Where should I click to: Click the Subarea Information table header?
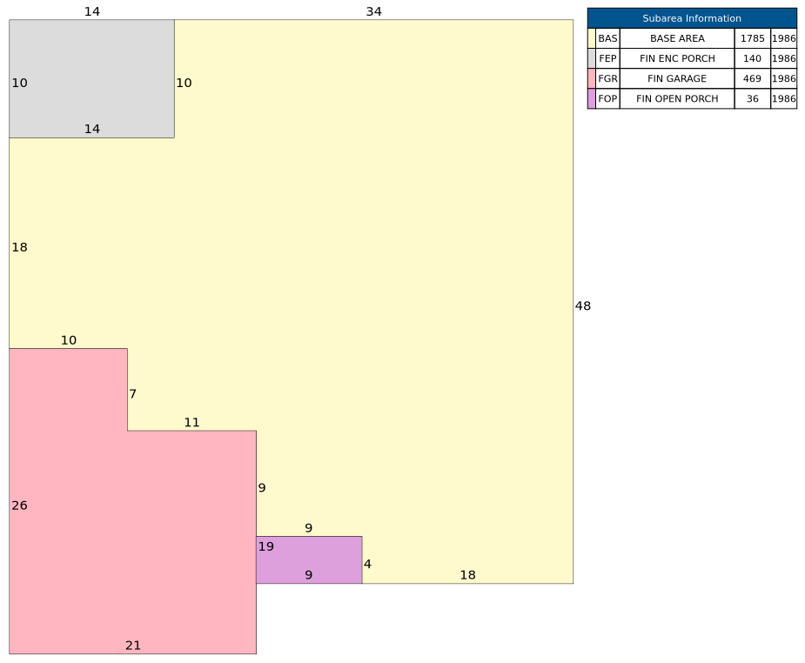click(692, 18)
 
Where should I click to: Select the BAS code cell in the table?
click(607, 38)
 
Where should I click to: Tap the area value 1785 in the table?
click(752, 38)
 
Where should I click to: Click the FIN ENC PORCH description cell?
click(677, 58)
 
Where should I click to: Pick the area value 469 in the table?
click(752, 78)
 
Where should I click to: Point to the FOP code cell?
click(607, 98)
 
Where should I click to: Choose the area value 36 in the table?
click(752, 98)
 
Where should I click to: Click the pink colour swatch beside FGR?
click(592, 78)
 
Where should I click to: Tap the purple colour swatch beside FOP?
click(592, 98)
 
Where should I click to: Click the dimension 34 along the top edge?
click(373, 12)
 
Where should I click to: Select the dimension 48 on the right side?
click(583, 306)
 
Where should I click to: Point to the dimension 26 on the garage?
click(19, 506)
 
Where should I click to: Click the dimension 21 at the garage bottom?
click(133, 646)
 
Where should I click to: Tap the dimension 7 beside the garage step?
click(133, 393)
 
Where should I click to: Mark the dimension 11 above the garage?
click(191, 422)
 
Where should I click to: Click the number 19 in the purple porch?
click(266, 546)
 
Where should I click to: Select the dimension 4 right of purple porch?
click(367, 564)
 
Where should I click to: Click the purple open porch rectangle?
click(309, 559)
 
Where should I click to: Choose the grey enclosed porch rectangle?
click(92, 78)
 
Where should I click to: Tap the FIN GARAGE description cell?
click(677, 78)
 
